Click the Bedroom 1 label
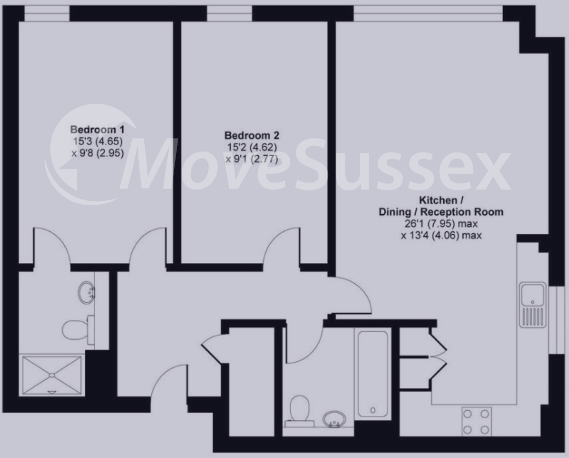pos(97,129)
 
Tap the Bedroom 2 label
pos(252,135)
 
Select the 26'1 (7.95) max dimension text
pos(441,224)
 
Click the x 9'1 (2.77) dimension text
pos(252,159)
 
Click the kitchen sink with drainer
pos(533,305)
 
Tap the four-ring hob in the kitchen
pos(475,422)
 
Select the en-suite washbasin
pos(88,292)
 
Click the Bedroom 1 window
pos(47,13)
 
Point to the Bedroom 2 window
pos(229,13)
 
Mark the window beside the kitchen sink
pos(556,319)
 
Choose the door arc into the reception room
pos(353,297)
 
